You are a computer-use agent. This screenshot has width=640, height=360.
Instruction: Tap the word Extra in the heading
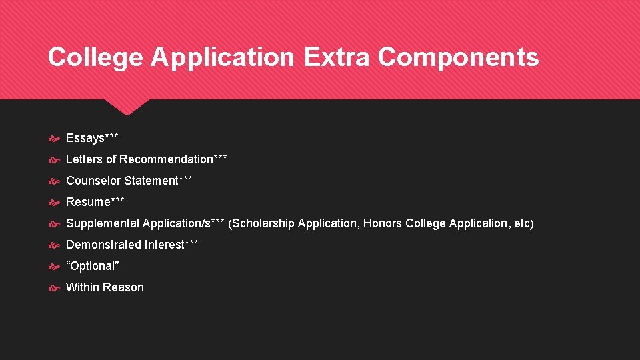[337, 57]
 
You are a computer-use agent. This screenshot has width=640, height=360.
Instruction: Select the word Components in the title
[458, 57]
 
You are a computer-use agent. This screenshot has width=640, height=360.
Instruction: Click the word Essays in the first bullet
[85, 138]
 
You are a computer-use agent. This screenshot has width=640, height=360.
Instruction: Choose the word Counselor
[93, 181]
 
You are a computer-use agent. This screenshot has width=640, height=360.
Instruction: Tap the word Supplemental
[103, 223]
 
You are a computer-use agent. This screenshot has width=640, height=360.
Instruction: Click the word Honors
[383, 223]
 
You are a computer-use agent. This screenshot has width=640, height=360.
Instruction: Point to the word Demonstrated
[103, 245]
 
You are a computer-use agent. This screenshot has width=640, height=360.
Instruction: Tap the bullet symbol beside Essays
[55, 139]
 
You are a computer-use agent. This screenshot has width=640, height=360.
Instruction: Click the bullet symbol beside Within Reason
[55, 288]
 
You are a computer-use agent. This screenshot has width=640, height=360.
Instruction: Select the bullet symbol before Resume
[55, 203]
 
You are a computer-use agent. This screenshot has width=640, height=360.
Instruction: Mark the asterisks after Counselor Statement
[186, 179]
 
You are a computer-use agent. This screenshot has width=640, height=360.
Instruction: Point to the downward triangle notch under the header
[127, 106]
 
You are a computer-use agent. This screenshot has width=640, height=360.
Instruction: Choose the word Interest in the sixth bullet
[164, 245]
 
